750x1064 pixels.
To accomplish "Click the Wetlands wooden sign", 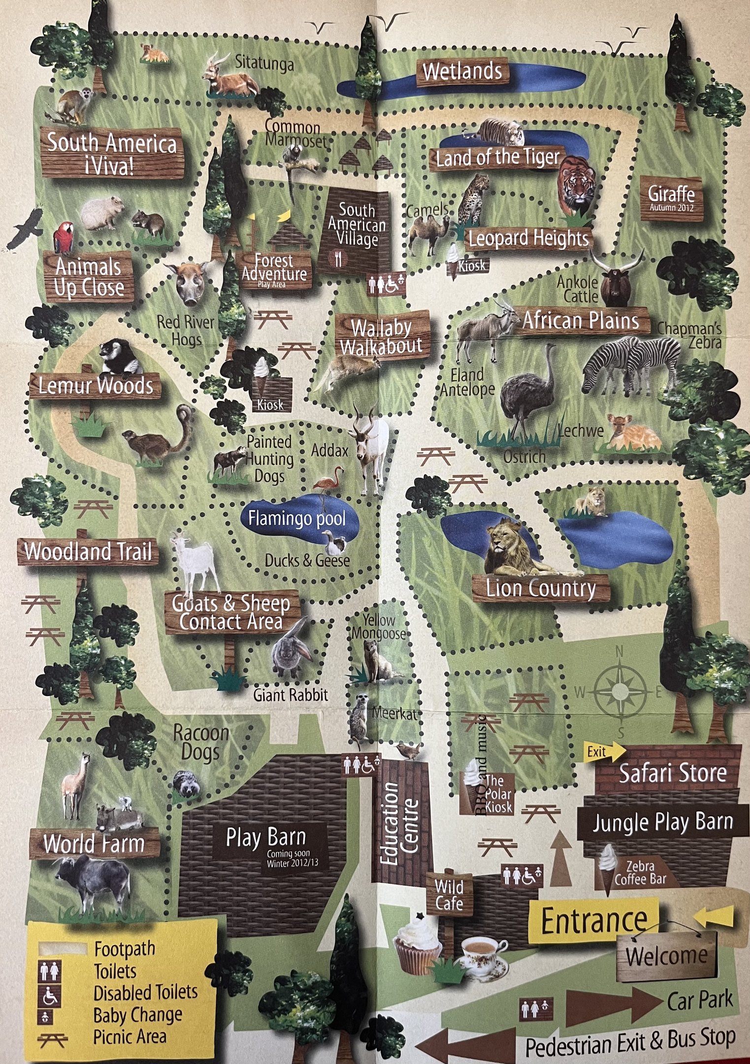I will tap(462, 72).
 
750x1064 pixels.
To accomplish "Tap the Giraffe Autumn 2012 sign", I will tap(671, 198).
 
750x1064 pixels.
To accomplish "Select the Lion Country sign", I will tap(540, 588).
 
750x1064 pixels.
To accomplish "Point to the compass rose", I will tap(620, 692).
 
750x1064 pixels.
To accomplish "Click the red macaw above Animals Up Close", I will tap(63, 238).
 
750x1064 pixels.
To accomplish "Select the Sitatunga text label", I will tap(264, 63).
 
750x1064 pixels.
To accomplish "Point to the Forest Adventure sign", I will tap(274, 269).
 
